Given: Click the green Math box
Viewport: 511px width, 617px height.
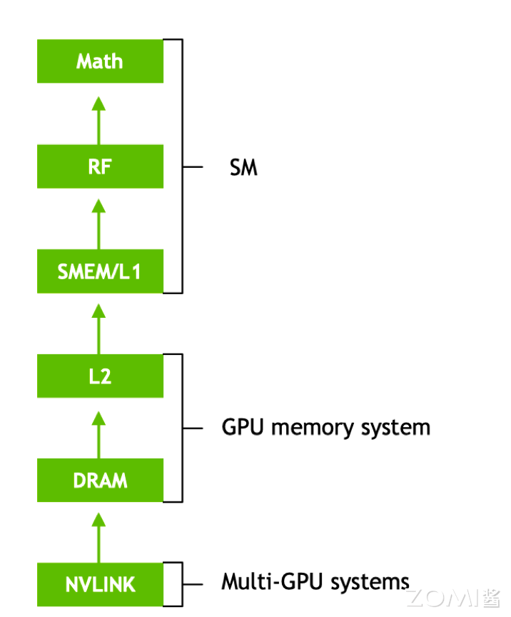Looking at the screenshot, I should [100, 61].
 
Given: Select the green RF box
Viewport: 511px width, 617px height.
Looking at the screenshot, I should [100, 166].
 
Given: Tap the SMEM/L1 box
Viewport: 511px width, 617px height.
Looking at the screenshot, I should [100, 271].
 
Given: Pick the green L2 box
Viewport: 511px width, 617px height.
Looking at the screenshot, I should [100, 376].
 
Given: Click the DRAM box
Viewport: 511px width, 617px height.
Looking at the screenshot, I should [100, 481].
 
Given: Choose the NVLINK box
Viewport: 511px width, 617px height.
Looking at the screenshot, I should [100, 585].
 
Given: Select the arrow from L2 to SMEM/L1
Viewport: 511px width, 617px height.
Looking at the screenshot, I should [99, 329].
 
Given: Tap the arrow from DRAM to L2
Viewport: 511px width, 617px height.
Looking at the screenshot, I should [99, 434].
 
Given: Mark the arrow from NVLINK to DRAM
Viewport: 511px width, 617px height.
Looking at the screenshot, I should [99, 538].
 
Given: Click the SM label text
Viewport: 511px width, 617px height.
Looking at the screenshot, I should [243, 169].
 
